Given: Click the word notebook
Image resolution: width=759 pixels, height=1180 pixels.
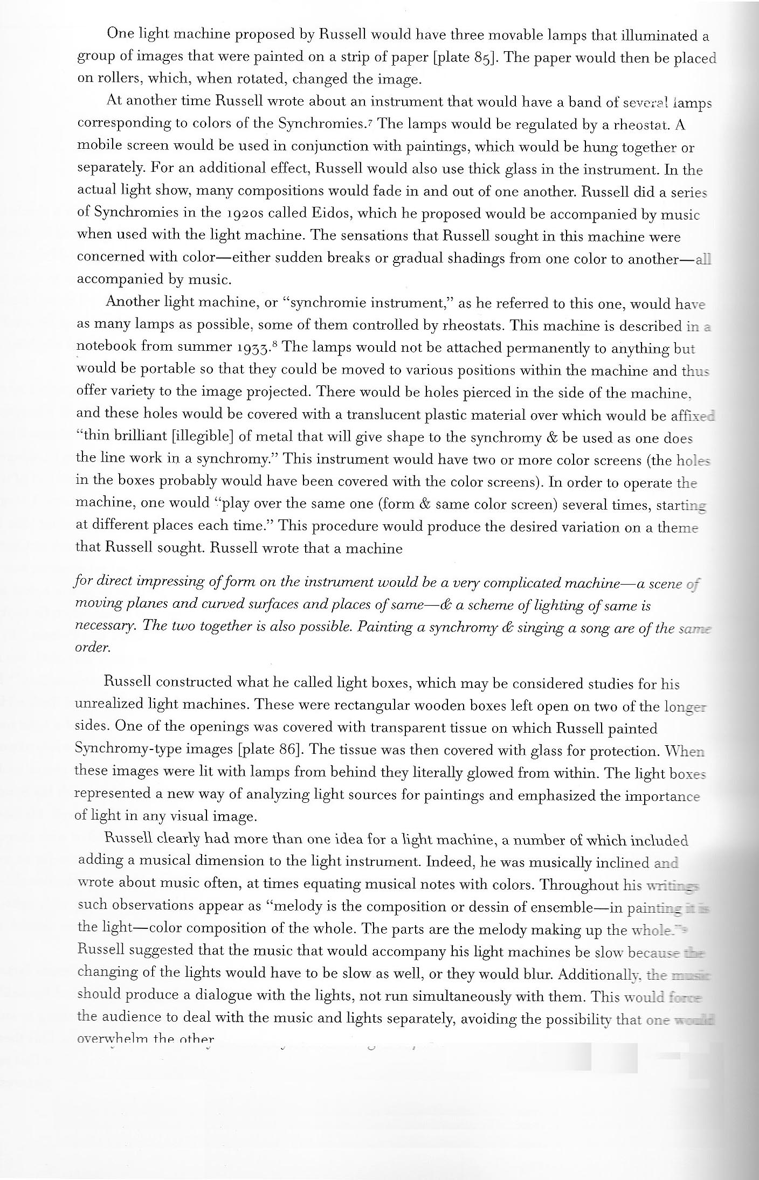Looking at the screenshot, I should coord(106,348).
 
